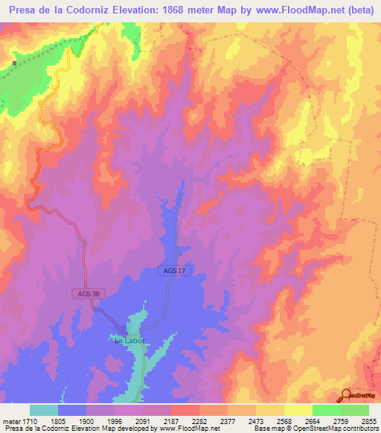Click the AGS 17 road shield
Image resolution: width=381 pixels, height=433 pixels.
click(175, 271)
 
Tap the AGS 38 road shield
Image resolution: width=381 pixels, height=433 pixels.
click(87, 293)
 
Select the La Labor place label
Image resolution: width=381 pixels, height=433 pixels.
click(128, 340)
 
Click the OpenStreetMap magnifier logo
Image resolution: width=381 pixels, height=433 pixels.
click(347, 395)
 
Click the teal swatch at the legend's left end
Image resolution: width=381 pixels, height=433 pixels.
click(44, 410)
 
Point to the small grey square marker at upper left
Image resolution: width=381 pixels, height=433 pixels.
click(14, 64)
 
